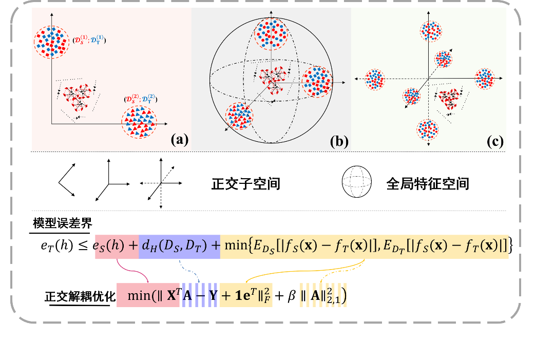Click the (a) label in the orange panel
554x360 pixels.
179,140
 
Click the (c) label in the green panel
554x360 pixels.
495,141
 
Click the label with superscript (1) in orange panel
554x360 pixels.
89,40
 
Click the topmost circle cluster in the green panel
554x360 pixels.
431,32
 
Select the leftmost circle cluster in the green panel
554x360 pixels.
375,79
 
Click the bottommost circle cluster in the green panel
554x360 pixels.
427,130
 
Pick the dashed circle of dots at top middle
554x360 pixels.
271,34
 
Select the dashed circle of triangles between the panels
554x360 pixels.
239,116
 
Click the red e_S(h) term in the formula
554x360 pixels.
117,245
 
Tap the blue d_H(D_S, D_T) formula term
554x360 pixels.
179,245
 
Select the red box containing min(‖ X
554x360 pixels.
148,295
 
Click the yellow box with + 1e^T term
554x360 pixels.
245,295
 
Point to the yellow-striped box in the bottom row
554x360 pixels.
323,295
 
